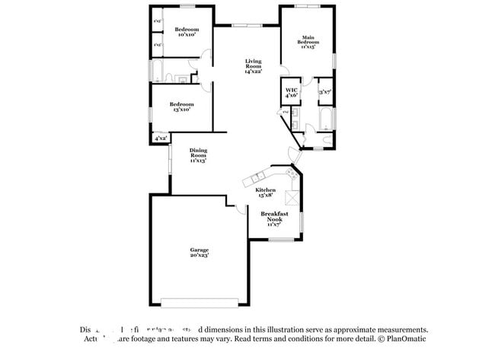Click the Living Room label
point(253,66)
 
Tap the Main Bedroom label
point(307,41)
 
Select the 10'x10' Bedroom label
point(187,31)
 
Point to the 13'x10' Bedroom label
point(180,107)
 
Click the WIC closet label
point(290,93)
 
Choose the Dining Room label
point(198,155)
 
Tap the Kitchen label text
point(265,192)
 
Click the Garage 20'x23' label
point(200,253)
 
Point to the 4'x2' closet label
point(161,139)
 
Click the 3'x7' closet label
point(324,92)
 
